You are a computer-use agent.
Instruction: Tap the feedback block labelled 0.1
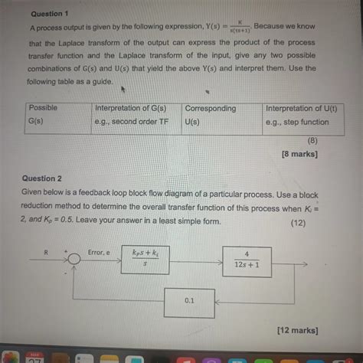[x=188, y=301]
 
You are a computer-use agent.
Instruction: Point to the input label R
[x=47, y=250]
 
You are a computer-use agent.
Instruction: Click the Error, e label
[x=100, y=250]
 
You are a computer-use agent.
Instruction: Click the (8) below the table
[x=312, y=141]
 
